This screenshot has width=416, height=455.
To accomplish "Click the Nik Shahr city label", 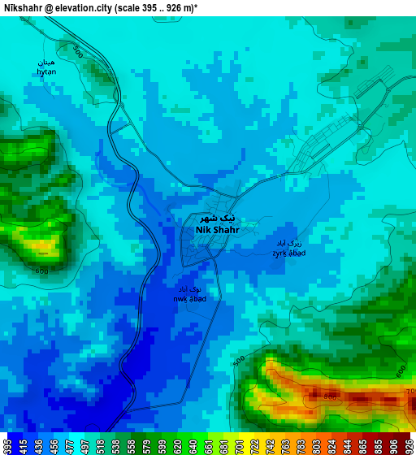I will pyautogui.click(x=217, y=230).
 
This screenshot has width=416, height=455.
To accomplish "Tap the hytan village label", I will pyautogui.click(x=46, y=71).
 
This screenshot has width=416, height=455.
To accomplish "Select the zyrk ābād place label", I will pyautogui.click(x=288, y=253).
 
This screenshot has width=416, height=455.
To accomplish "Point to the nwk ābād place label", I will pyautogui.click(x=189, y=298).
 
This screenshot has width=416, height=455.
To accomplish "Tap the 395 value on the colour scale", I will pyautogui.click(x=7, y=446).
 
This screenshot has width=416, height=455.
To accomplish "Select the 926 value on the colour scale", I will pyautogui.click(x=409, y=446).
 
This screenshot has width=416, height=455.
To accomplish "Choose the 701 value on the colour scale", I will pyautogui.click(x=240, y=446).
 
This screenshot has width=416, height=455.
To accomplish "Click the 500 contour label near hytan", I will pyautogui.click(x=78, y=52).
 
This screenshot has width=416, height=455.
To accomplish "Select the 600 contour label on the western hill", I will pyautogui.click(x=41, y=271).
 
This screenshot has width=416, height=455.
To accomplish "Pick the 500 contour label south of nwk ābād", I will pyautogui.click(x=238, y=360).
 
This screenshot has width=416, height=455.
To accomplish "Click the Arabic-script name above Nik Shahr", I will pyautogui.click(x=218, y=218).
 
